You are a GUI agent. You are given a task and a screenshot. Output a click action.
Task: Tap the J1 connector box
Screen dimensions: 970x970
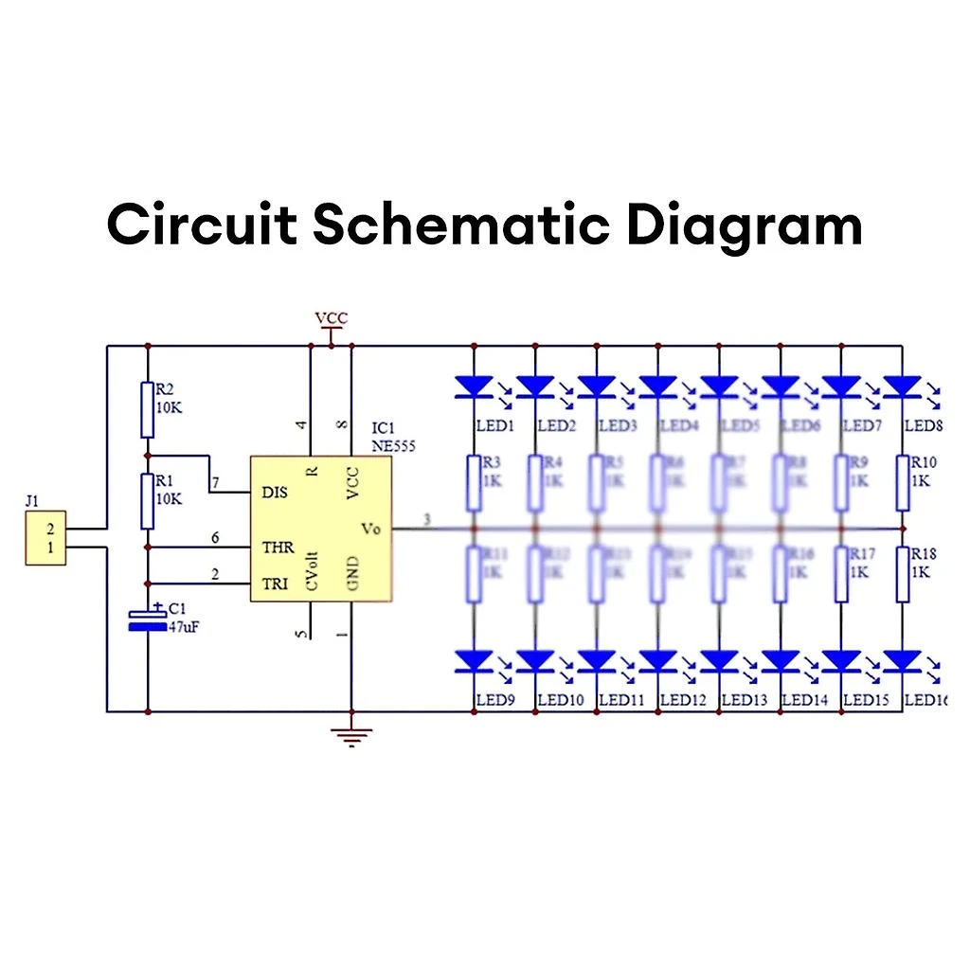tap(45, 539)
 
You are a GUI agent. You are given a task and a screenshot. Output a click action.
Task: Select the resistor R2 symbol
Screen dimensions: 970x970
tap(147, 409)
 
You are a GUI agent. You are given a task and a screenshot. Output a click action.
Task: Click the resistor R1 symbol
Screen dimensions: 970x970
tap(147, 501)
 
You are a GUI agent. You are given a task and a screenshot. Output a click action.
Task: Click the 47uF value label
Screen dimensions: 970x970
tap(186, 626)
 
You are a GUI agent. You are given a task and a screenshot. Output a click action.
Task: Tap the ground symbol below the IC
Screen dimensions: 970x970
tap(351, 735)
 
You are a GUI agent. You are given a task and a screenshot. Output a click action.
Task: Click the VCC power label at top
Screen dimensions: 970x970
tap(331, 319)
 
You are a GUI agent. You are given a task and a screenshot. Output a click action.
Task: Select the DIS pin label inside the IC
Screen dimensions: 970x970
tap(275, 492)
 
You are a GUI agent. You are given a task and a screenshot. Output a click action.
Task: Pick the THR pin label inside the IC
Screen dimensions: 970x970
tap(277, 548)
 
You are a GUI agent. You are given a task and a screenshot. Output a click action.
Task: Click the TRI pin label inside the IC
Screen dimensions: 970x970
tap(275, 585)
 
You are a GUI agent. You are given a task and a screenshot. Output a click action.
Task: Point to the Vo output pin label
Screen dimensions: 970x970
tap(370, 529)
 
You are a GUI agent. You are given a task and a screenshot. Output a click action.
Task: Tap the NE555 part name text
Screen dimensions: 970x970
tap(393, 444)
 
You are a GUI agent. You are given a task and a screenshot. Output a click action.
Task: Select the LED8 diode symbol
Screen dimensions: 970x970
tap(902, 386)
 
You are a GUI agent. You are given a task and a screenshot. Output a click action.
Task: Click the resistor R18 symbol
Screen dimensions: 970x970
tap(902, 574)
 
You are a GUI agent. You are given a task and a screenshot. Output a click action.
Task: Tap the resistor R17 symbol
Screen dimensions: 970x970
tap(841, 574)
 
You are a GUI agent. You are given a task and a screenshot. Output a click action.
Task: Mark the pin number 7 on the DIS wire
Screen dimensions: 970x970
tap(215, 484)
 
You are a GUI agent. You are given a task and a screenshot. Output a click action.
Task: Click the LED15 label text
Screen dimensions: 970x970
tap(866, 700)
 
